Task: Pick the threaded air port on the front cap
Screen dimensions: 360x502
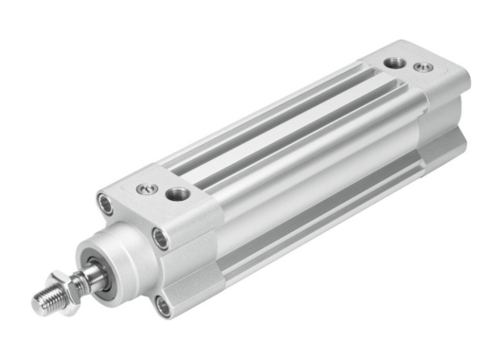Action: coord(177,194)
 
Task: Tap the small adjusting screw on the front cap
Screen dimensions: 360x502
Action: coord(146,189)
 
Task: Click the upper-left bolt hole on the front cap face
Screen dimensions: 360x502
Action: coord(104,202)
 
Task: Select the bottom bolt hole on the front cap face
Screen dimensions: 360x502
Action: coord(164,305)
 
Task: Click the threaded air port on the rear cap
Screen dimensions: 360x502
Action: coord(395,63)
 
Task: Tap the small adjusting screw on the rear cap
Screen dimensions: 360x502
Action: coord(421,67)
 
